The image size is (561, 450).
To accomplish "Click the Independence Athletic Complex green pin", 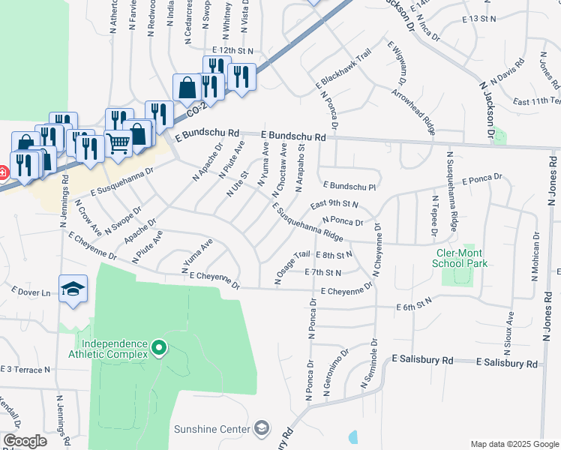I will click(158, 348).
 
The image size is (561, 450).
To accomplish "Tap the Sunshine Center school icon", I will click(262, 428).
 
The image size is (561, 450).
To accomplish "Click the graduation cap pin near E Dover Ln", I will click(73, 290).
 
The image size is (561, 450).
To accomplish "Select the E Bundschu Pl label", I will click(349, 185).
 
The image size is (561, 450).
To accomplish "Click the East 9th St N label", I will click(334, 204).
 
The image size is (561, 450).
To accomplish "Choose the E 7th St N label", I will click(324, 272).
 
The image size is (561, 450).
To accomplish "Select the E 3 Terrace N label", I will click(25, 370).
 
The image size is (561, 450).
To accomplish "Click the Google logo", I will click(25, 441).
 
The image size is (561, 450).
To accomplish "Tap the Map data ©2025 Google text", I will click(514, 444).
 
